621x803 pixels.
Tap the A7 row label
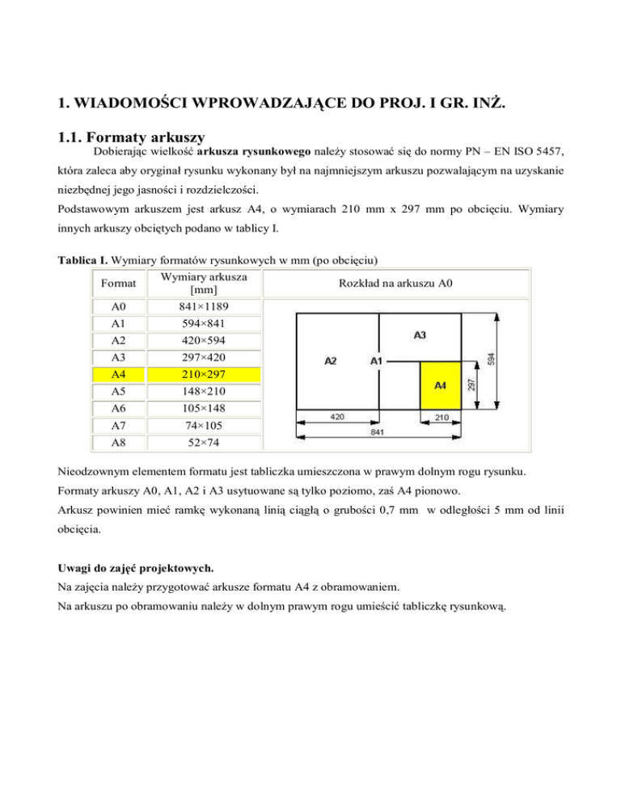pyautogui.click(x=117, y=426)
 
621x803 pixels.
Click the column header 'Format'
pyautogui.click(x=117, y=284)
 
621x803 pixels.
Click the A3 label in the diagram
pyautogui.click(x=420, y=334)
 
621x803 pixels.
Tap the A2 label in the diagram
pyautogui.click(x=331, y=362)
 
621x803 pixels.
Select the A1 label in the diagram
pyautogui.click(x=376, y=362)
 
